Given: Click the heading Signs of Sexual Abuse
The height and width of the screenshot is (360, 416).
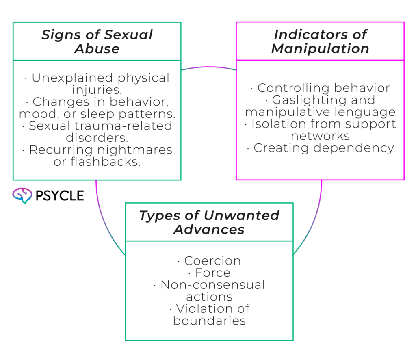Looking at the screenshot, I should click(x=97, y=41).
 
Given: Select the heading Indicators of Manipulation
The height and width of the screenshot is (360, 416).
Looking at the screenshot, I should click(x=320, y=41).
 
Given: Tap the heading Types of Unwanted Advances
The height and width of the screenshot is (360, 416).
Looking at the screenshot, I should click(x=209, y=222).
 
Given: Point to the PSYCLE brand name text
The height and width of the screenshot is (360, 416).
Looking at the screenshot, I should click(x=60, y=196).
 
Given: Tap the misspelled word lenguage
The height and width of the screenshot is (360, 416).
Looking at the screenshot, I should click(x=361, y=112).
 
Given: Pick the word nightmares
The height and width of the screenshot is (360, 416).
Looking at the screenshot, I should click(x=135, y=150).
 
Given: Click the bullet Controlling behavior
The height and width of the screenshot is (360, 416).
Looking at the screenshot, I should click(x=320, y=88).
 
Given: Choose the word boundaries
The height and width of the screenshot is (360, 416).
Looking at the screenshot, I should click(x=209, y=321).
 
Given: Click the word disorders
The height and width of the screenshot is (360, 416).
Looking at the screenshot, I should click(x=97, y=138).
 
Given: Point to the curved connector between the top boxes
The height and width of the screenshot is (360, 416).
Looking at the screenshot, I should click(x=208, y=67).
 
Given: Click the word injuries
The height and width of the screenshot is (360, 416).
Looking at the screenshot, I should click(x=97, y=90).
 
